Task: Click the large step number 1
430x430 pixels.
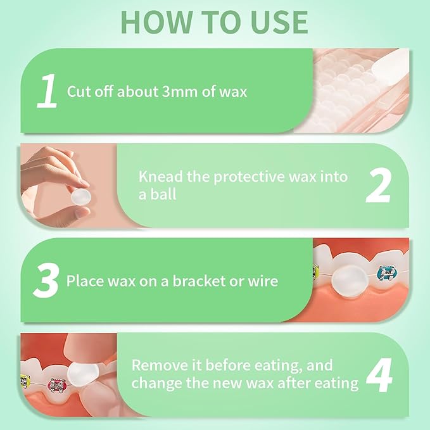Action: pos(47,91)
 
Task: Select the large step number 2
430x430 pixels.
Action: pos(379,186)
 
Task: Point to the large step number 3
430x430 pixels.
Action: pos(46,281)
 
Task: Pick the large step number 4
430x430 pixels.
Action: pos(379,375)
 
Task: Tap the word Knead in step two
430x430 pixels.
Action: pos(161,176)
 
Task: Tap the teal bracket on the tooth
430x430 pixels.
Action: pos(387,273)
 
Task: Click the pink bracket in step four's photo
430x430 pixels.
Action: pos(57,385)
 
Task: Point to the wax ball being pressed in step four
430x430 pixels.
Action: pos(82,372)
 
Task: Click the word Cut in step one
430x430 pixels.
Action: pos(78,91)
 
